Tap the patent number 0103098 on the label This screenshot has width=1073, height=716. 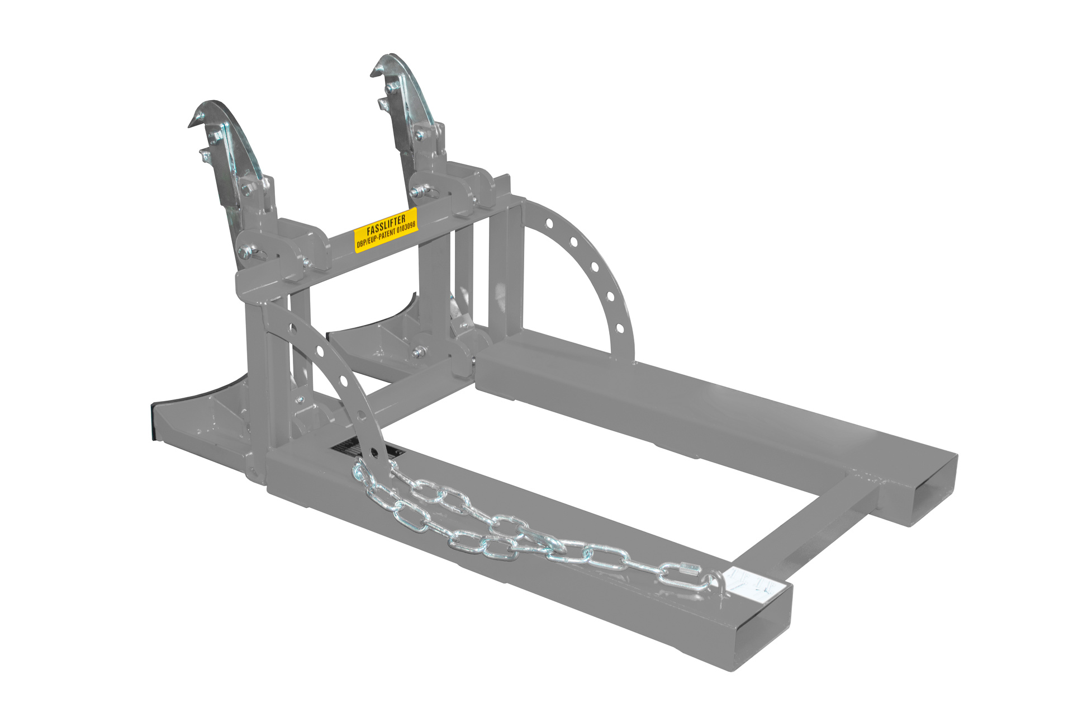pos(402,229)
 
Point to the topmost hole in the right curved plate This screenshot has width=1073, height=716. pos(549,224)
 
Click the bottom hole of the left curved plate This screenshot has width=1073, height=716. pos(373,451)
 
